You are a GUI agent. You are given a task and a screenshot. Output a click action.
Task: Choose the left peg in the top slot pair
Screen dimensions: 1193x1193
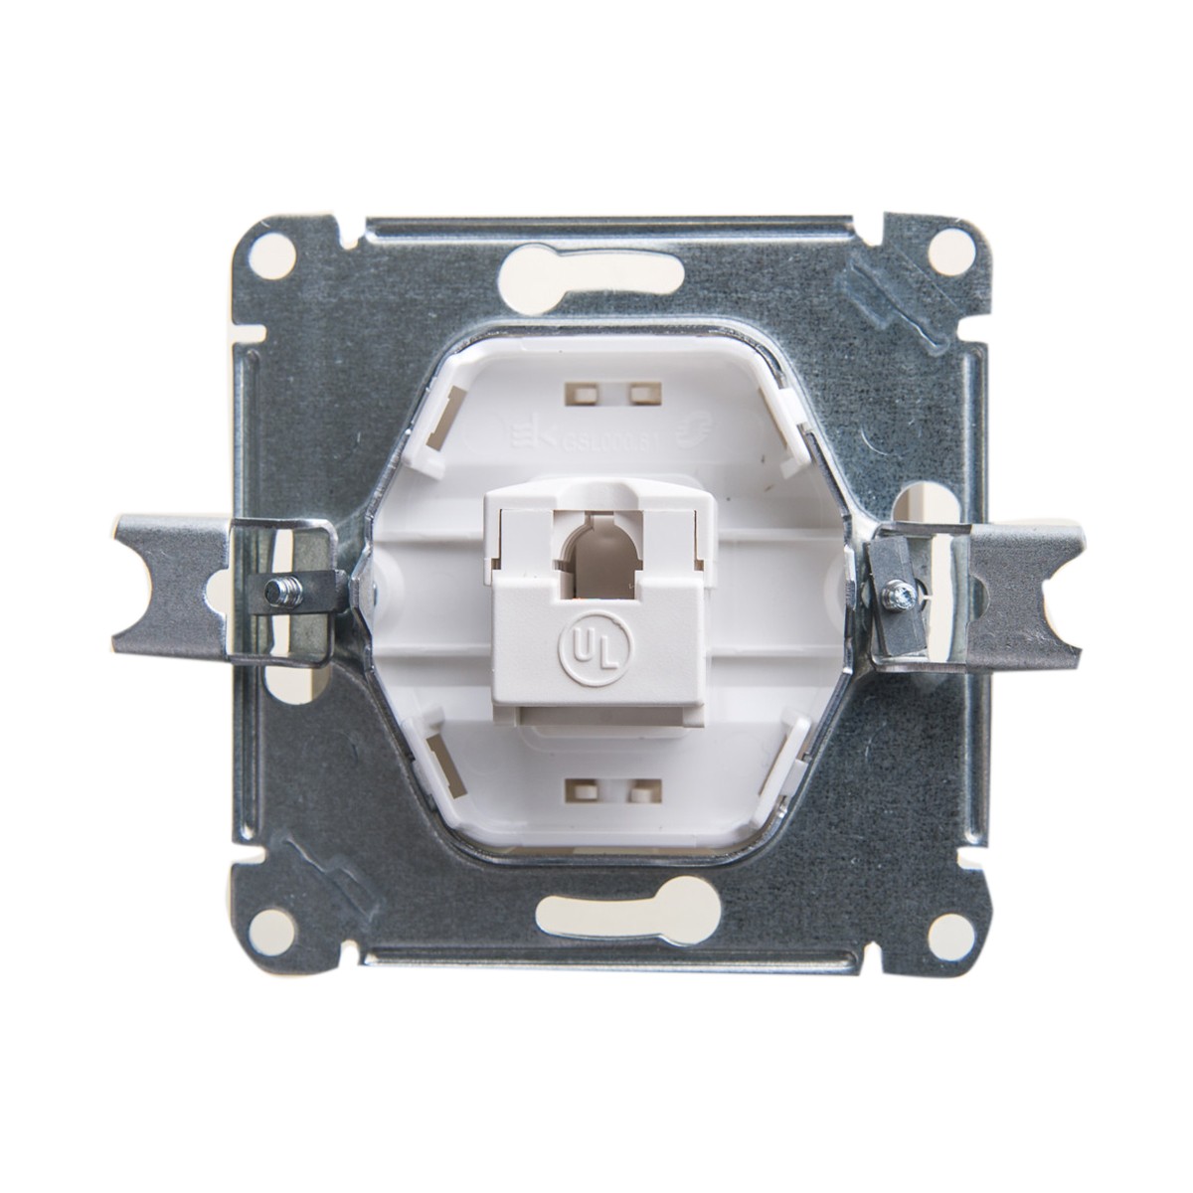pos(575,394)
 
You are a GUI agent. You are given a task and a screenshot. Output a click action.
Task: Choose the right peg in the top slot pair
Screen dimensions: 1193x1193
pos(635,394)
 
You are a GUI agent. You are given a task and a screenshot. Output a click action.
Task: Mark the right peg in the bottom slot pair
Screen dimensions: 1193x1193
pos(636,792)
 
